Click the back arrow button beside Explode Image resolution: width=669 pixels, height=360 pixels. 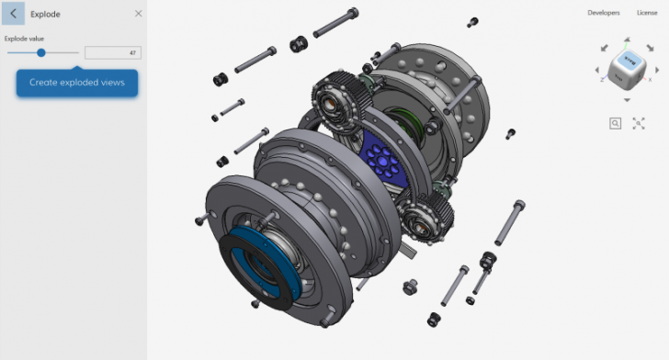13,14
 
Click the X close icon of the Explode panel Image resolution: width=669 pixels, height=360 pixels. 138,14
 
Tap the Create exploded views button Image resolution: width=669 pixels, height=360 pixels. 76,83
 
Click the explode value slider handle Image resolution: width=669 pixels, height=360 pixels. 41,52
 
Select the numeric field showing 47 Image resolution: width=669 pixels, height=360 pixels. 112,53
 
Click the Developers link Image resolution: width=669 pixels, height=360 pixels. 604,13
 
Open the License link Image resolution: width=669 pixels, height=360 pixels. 647,13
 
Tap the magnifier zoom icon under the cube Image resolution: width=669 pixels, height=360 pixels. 615,122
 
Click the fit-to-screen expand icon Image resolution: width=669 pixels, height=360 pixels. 639,122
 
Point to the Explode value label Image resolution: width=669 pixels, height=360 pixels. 25,39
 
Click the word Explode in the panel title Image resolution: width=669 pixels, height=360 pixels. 45,14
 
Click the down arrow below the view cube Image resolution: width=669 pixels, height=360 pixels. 627,99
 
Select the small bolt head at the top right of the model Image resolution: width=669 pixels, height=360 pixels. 472,20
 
